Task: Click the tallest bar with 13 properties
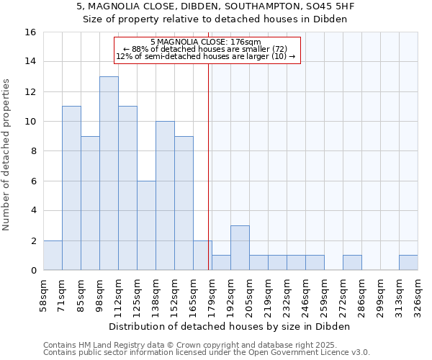click(109, 173)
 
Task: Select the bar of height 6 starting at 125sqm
click(146, 225)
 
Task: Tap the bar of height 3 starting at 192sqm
click(240, 248)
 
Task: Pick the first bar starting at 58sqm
click(53, 255)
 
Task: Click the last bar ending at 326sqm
click(408, 263)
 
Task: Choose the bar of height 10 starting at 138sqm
click(165, 196)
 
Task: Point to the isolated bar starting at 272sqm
click(352, 263)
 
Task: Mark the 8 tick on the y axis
click(33, 151)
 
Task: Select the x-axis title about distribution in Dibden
click(230, 326)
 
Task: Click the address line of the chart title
click(215, 6)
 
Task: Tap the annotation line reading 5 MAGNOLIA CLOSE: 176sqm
click(205, 42)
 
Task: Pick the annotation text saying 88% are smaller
click(205, 49)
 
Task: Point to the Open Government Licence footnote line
click(207, 352)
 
